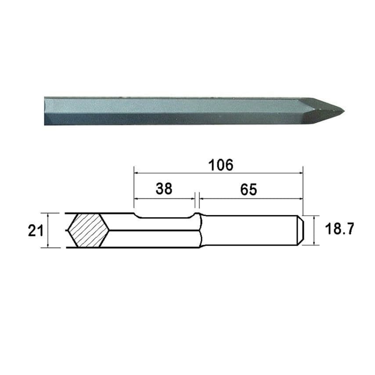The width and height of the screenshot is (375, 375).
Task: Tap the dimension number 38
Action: [x=164, y=189]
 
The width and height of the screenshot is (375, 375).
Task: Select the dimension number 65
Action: [x=248, y=189]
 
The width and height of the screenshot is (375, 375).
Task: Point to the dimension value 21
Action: [x=35, y=231]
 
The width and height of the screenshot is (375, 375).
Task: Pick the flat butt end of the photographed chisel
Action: [x=45, y=112]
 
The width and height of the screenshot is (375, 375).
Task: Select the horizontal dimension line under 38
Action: [x=164, y=198]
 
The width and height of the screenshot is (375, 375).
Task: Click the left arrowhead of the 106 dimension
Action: [x=136, y=173]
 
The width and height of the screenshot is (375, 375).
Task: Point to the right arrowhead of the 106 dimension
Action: [x=301, y=173]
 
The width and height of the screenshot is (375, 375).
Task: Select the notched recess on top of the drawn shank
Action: [x=164, y=216]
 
